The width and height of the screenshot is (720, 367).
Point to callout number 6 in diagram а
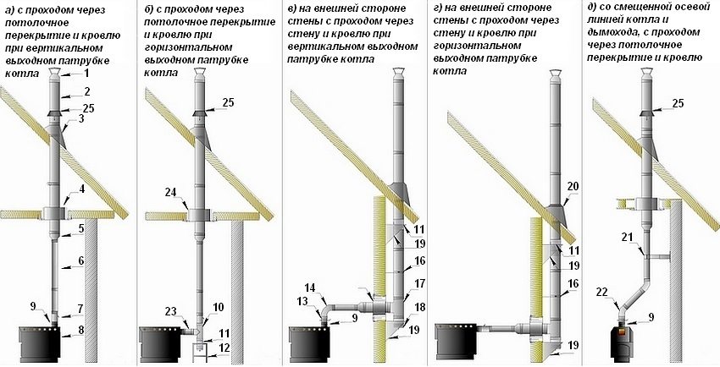[82, 262]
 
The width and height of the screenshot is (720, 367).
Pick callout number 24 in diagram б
[172, 192]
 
